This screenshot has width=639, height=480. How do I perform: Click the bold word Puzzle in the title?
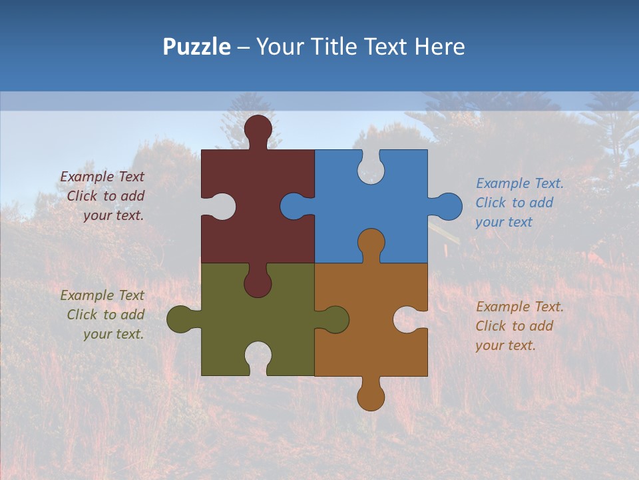197,47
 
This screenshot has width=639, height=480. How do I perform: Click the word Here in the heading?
439,47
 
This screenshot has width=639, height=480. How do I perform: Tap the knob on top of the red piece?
258,128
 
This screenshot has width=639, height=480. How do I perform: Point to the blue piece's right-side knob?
449,206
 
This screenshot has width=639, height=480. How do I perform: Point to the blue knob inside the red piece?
294,206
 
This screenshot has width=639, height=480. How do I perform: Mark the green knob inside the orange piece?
335,319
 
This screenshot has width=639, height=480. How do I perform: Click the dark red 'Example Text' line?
102,177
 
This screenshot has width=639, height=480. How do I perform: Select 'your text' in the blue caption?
504,222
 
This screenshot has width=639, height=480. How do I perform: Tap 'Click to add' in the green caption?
105,315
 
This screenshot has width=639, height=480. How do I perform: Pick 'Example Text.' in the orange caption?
520,307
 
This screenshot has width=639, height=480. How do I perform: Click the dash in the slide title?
244,47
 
